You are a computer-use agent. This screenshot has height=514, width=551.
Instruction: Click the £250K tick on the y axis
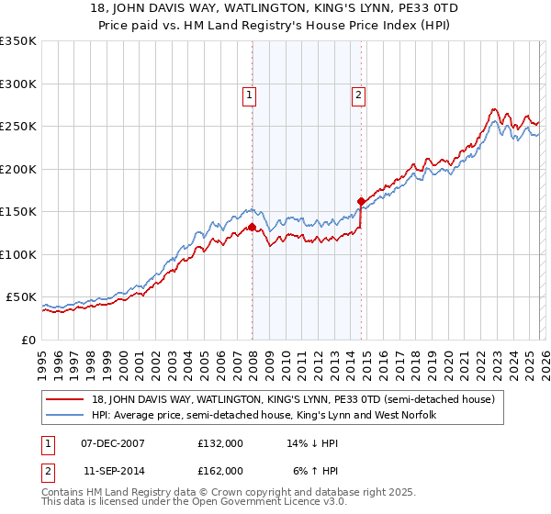click(18, 127)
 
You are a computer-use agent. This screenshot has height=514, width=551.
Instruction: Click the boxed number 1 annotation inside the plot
click(250, 93)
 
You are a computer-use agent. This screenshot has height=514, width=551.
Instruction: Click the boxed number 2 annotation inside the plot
click(358, 93)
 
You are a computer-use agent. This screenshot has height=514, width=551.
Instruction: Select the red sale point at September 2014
click(361, 202)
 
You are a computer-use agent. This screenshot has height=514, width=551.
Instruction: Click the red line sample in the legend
click(62, 399)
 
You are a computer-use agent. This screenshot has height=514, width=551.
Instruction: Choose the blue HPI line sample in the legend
click(62, 416)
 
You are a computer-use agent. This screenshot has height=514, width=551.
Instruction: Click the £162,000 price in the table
click(220, 470)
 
